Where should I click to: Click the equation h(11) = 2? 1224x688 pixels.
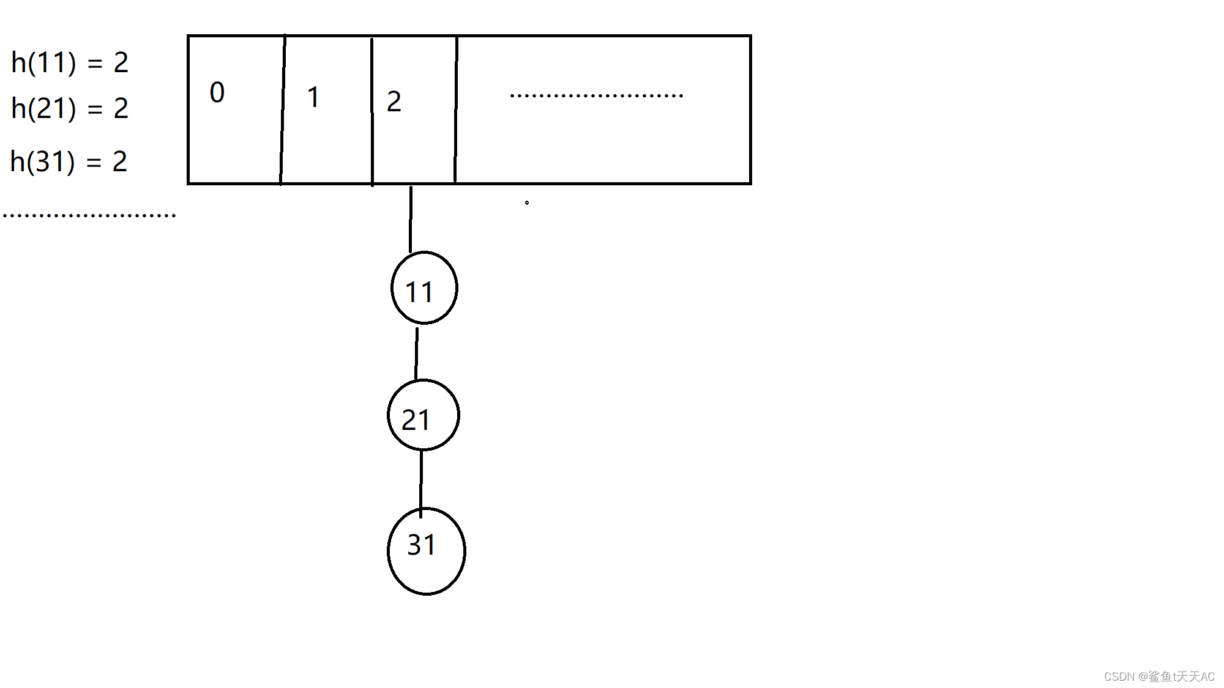click(70, 62)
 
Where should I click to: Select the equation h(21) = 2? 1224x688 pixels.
click(70, 108)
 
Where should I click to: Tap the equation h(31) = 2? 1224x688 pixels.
click(69, 161)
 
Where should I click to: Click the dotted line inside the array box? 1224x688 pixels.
click(596, 95)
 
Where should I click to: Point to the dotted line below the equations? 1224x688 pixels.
click(89, 215)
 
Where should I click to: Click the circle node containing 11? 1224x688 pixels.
click(424, 287)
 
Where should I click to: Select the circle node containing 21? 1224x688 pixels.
click(423, 415)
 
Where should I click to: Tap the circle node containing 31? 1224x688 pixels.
click(426, 551)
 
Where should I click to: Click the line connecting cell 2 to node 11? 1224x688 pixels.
click(411, 219)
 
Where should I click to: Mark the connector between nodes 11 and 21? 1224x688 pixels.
click(417, 353)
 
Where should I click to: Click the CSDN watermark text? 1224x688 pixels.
click(1159, 676)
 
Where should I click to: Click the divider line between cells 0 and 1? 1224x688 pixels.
click(283, 110)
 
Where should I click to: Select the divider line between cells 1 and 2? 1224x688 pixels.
click(372, 110)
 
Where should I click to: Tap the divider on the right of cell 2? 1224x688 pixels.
click(456, 110)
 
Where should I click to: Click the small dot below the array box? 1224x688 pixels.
click(527, 202)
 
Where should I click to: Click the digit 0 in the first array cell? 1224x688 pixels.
click(217, 92)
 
